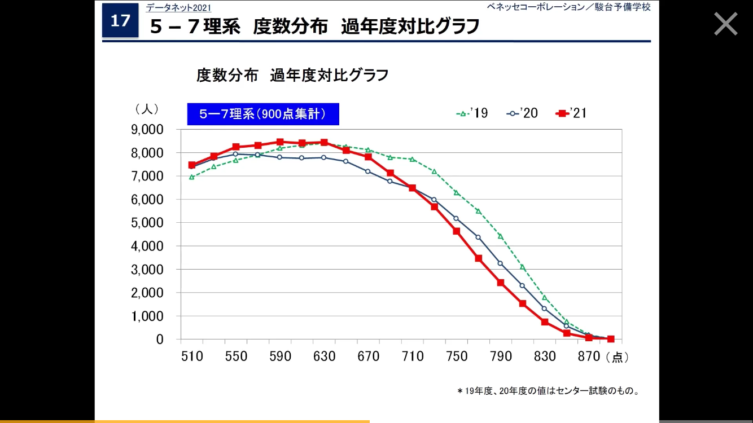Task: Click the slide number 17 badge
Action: tap(120, 21)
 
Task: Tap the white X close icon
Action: tap(725, 24)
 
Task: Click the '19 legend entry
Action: tap(472, 113)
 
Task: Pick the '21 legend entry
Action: tap(571, 113)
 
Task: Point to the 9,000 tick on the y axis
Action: tap(147, 130)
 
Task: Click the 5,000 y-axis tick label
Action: tap(147, 223)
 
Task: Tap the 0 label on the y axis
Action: tap(160, 340)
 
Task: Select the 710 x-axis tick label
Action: tap(413, 356)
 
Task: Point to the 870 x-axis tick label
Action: tap(589, 356)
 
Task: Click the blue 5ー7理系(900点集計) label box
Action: tap(263, 114)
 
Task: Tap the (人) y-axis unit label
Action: tap(147, 108)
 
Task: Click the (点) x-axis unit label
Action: tap(617, 357)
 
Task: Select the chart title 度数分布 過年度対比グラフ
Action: tap(292, 75)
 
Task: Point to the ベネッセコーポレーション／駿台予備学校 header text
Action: tap(569, 7)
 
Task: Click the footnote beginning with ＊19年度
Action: tap(548, 390)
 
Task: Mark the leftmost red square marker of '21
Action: tap(192, 165)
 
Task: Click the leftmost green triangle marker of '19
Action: tap(192, 177)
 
